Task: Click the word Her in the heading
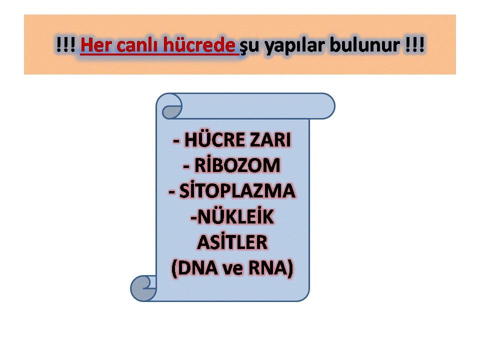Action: (x=96, y=45)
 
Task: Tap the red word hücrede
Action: (x=199, y=45)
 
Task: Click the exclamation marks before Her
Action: (x=65, y=45)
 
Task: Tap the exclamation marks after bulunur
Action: (x=415, y=45)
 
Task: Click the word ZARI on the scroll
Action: (x=270, y=140)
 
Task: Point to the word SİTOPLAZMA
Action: (x=237, y=190)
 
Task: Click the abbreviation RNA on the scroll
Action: (x=268, y=268)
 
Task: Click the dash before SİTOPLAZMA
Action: (x=172, y=192)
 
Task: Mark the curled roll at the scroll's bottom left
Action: (x=143, y=288)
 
